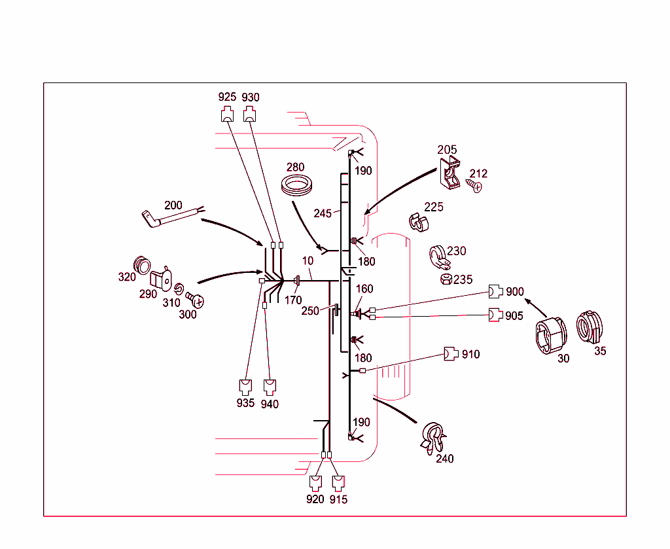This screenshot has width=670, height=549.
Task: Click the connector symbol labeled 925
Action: point(227,115)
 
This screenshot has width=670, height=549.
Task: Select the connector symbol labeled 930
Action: point(250,115)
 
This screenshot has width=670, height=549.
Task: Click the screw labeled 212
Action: point(476,186)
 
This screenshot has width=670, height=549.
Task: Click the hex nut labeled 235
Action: point(445,280)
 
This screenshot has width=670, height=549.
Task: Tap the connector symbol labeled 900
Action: point(496,292)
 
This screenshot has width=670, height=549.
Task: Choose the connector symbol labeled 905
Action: point(496,315)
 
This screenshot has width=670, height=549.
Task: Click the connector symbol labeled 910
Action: point(451,354)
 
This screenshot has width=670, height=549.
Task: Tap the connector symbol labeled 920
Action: point(315,483)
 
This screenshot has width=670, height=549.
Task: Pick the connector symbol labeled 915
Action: point(338,483)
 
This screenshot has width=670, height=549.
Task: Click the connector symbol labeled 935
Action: point(245,386)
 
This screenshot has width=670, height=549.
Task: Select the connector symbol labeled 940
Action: point(269,386)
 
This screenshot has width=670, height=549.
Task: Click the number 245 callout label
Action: point(323,213)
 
